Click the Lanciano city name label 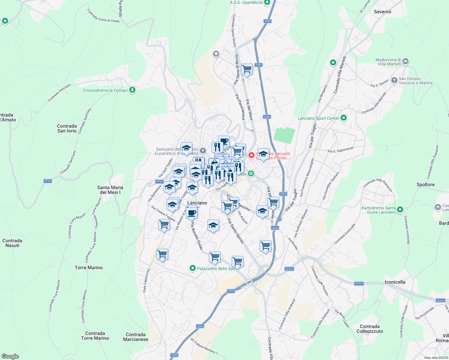pyautogui.click(x=197, y=203)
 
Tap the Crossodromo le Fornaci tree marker pyautogui.click(x=132, y=90)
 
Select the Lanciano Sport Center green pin pyautogui.click(x=344, y=118)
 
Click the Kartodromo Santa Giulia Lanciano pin pyautogui.click(x=400, y=209)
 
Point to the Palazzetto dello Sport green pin pyautogui.click(x=193, y=268)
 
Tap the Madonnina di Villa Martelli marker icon pyautogui.click(x=405, y=61)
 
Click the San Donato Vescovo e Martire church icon pyautogui.click(x=394, y=81)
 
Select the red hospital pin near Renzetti pyautogui.click(x=251, y=155)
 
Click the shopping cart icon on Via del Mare pyautogui.click(x=247, y=69)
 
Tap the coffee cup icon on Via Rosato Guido pyautogui.click(x=192, y=213)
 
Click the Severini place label pyautogui.click(x=382, y=12)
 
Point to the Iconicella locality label pyautogui.click(x=395, y=282)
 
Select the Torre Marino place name pyautogui.click(x=89, y=268)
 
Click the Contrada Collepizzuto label pyautogui.click(x=369, y=329)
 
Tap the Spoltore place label pyautogui.click(x=425, y=184)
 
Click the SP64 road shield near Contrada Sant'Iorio pyautogui.click(x=48, y=181)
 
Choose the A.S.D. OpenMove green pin pyautogui.click(x=267, y=2)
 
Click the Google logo pyautogui.click(x=10, y=356)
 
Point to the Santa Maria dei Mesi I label pyautogui.click(x=110, y=190)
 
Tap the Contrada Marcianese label pyautogui.click(x=136, y=337)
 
